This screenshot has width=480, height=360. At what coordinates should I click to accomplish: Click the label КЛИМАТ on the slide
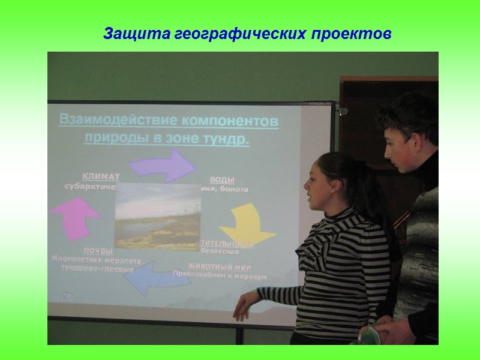click(x=101, y=177)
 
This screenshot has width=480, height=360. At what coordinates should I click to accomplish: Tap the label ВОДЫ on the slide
click(x=221, y=180)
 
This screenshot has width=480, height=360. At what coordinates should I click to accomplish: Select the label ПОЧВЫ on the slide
click(x=98, y=251)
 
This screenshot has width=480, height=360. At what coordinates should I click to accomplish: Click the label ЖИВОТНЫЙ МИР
click(x=220, y=266)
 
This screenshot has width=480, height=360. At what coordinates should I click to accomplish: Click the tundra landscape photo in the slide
click(x=157, y=217)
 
